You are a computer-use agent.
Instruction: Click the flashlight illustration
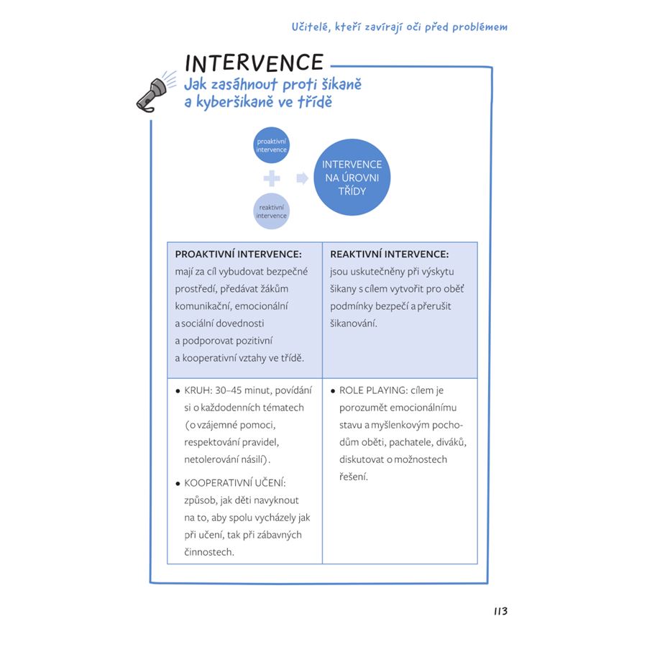point(156,92)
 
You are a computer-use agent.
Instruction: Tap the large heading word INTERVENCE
point(254,63)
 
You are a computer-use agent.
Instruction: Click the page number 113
point(500,611)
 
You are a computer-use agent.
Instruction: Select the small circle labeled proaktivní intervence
point(271,145)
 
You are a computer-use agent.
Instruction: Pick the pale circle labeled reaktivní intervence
point(271,211)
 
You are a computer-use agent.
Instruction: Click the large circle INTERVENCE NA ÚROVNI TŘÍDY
point(352,178)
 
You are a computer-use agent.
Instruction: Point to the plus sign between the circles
point(272,178)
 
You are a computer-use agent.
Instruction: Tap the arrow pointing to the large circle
point(303,178)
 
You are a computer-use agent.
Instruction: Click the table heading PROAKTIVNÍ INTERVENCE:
point(238,254)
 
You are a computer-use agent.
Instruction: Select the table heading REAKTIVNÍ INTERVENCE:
point(389,254)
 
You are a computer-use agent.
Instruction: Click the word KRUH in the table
point(197,390)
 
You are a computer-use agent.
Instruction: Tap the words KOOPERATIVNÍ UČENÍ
point(234,483)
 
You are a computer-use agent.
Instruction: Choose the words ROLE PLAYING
point(372,390)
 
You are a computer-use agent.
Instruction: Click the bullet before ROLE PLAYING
point(333,391)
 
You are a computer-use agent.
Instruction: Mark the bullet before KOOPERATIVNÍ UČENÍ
point(178,484)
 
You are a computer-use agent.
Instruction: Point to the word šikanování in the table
point(353,323)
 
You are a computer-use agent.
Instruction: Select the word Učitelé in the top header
point(311,27)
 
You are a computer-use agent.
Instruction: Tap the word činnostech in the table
point(208,552)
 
